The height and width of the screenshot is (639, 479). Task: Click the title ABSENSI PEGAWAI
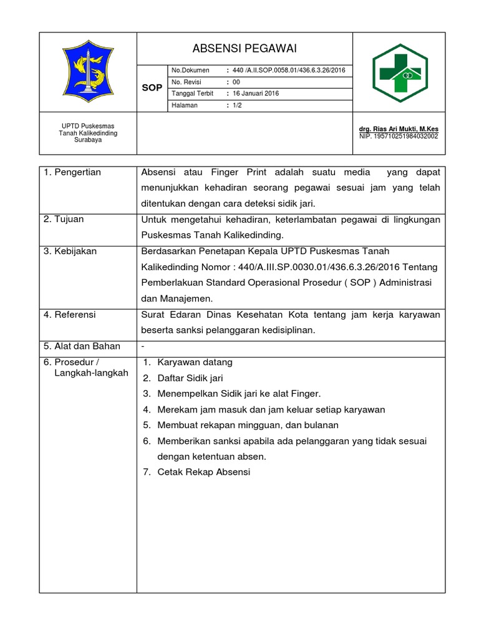pyautogui.click(x=244, y=48)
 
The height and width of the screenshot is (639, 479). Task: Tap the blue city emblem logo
pyautogui.click(x=88, y=72)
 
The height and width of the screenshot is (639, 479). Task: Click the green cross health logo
pyautogui.click(x=400, y=72)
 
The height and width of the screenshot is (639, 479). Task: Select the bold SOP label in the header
pyautogui.click(x=152, y=88)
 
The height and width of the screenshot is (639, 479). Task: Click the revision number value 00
pyautogui.click(x=236, y=82)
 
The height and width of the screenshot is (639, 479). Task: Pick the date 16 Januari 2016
pyautogui.click(x=256, y=94)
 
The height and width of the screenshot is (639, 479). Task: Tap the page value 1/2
pyautogui.click(x=237, y=105)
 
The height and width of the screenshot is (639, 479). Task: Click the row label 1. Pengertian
pyautogui.click(x=72, y=172)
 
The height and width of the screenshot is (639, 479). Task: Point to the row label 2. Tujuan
pyautogui.click(x=64, y=219)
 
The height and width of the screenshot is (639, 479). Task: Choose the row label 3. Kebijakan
pyautogui.click(x=70, y=251)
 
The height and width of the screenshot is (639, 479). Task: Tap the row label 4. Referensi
pyautogui.click(x=69, y=315)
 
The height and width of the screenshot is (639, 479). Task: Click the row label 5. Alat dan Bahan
pyautogui.click(x=82, y=346)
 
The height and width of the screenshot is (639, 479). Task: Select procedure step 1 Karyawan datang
pyautogui.click(x=195, y=363)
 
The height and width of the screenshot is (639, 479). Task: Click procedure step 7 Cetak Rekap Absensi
pyautogui.click(x=203, y=472)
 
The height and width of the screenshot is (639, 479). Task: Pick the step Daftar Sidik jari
pyautogui.click(x=190, y=378)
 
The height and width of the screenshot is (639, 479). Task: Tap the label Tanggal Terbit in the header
pyautogui.click(x=192, y=94)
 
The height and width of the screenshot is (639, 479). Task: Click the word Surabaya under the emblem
pyautogui.click(x=88, y=140)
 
